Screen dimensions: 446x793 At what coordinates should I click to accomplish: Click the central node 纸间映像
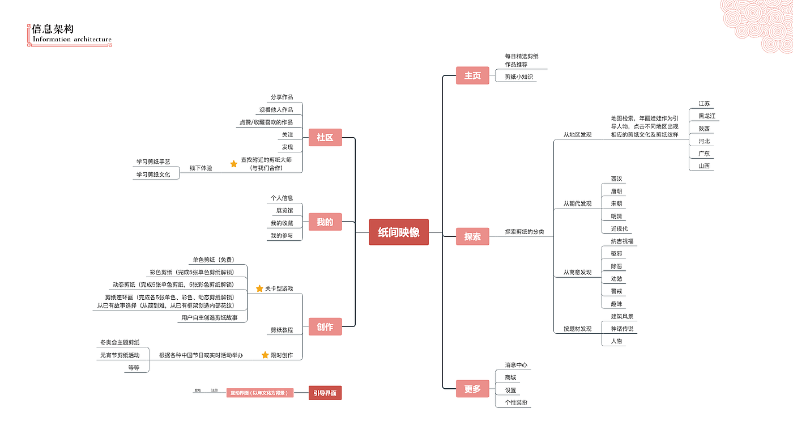point(399,232)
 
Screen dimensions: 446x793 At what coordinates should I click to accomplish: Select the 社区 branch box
point(325,137)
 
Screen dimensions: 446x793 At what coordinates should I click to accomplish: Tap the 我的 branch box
point(325,222)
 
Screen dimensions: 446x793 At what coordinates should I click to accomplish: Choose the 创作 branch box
point(325,326)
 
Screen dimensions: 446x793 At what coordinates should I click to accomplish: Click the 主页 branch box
point(472,75)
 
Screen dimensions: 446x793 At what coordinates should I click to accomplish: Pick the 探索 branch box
point(472,236)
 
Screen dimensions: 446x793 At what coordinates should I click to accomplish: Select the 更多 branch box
point(472,389)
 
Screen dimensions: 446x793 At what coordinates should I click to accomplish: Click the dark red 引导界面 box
point(325,393)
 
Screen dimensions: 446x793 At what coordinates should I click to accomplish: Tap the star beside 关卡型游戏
point(259,288)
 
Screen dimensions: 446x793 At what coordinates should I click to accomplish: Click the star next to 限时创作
point(265,355)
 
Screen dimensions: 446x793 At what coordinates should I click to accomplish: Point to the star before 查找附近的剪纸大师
point(233,164)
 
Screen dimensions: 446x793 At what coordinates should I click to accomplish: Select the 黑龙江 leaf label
point(707,116)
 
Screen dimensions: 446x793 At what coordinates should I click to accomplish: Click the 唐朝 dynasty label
point(616,191)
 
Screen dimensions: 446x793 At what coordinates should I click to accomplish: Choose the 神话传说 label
point(622,329)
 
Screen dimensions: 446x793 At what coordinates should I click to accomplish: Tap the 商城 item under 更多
point(510,377)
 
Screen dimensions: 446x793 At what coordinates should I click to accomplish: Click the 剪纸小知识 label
point(519,77)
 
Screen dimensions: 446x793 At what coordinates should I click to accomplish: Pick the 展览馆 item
point(284,210)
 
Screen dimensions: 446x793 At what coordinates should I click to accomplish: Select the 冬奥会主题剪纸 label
point(120,342)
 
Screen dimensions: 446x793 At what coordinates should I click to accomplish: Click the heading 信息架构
point(53,29)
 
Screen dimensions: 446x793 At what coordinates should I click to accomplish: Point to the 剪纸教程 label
point(282,330)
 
